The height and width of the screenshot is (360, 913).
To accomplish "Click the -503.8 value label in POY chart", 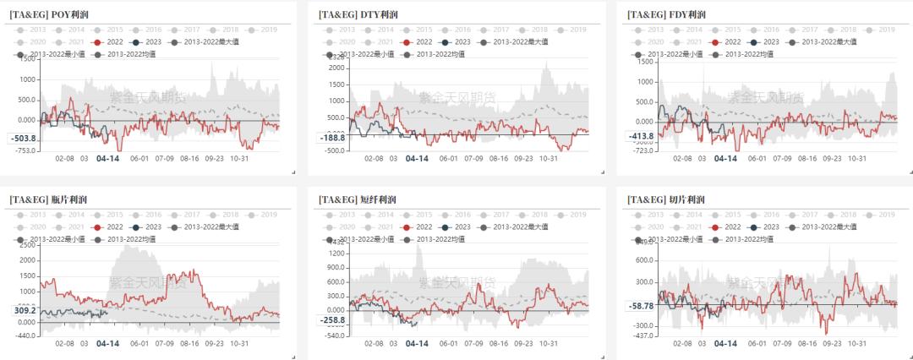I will (x=22, y=139).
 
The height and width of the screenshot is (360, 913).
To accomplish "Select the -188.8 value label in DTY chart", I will (x=332, y=138).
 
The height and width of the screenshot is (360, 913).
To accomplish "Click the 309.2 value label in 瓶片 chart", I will (x=24, y=310).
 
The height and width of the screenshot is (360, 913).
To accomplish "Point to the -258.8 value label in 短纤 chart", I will (x=332, y=320).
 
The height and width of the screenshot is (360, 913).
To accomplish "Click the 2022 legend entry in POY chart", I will (x=105, y=41).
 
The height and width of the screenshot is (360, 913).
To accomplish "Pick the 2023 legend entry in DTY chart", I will (x=457, y=41).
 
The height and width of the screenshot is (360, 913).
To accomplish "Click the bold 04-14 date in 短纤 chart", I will (x=417, y=344).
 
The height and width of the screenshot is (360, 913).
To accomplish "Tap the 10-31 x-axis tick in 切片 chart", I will (x=859, y=344).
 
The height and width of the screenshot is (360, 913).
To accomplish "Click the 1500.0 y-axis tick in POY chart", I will (x=27, y=59).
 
